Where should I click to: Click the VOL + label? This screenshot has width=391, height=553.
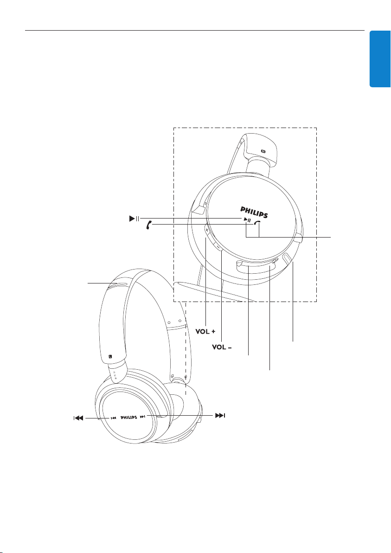click(x=205, y=332)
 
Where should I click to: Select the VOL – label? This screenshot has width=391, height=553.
click(x=222, y=347)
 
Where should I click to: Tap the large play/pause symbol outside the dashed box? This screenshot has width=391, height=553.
click(x=135, y=219)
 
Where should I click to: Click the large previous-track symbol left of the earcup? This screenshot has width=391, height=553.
click(x=78, y=418)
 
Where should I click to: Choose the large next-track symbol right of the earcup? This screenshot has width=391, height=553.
click(x=220, y=416)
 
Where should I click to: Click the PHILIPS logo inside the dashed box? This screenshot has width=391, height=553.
click(x=254, y=212)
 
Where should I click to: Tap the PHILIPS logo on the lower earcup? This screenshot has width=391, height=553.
click(x=129, y=418)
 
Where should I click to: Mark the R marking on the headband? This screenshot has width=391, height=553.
click(x=263, y=151)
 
